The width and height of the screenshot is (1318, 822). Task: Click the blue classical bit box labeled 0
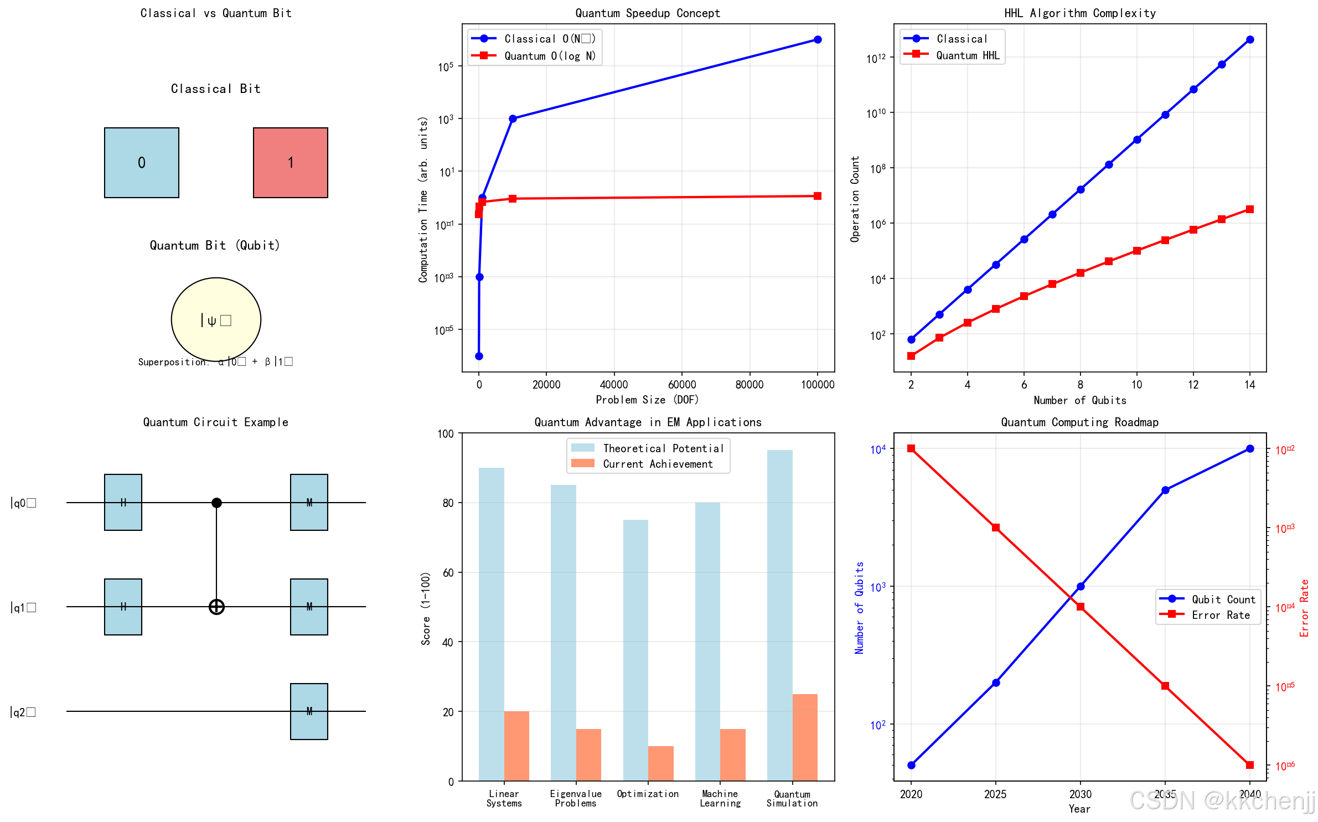pos(141,163)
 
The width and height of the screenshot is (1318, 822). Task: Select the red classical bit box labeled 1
pos(290,163)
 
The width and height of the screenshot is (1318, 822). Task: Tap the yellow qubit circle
pos(216,319)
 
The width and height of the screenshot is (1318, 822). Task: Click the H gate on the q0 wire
pos(123,502)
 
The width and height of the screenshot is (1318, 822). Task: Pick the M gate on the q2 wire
pos(309,711)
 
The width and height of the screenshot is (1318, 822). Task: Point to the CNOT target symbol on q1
pos(216,607)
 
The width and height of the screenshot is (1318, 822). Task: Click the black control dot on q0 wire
pos(216,503)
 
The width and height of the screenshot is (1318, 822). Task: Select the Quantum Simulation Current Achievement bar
pos(805,737)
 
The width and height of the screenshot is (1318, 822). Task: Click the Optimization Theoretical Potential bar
pos(635,650)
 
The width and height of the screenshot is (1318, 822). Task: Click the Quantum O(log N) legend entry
pos(534,56)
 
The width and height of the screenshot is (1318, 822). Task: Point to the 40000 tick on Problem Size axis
pos(614,385)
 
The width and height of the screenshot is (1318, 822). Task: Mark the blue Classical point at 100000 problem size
pos(818,40)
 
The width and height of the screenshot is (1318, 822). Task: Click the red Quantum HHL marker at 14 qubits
pos(1250,209)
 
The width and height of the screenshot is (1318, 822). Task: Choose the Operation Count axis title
pos(855,199)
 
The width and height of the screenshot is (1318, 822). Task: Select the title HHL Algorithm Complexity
pos(1080,13)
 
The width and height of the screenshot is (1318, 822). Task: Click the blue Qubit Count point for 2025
pos(996,683)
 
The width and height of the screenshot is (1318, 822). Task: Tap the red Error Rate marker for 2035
pos(1165,686)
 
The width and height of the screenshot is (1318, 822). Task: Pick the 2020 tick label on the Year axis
pos(911,794)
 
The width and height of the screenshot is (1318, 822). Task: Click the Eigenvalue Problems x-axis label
pos(576,798)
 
